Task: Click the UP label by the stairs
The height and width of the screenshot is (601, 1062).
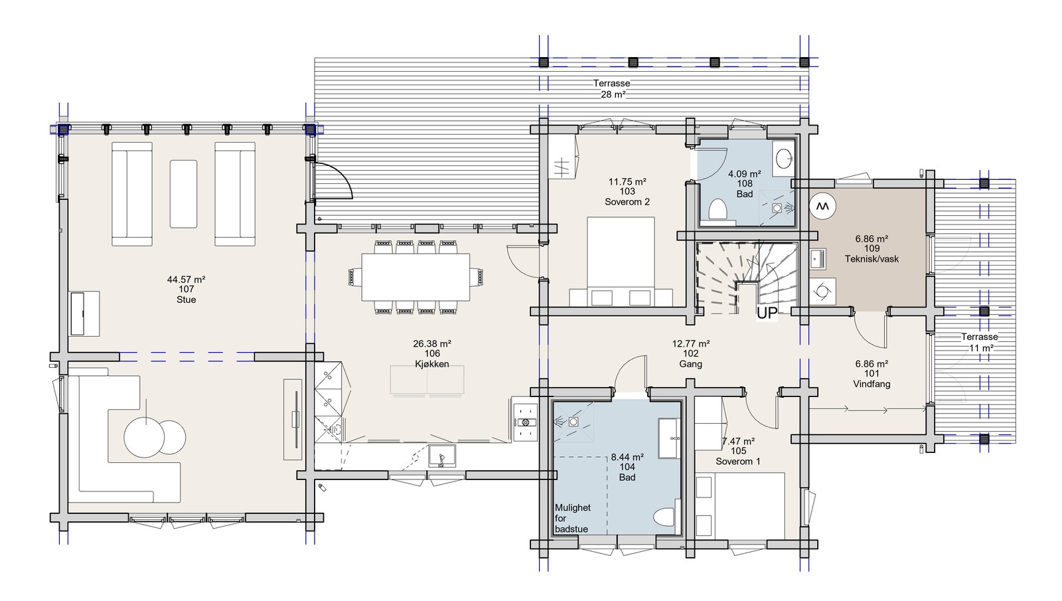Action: (x=767, y=313)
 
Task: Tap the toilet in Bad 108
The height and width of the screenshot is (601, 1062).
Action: (x=718, y=211)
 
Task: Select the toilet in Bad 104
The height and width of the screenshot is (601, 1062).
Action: (x=664, y=517)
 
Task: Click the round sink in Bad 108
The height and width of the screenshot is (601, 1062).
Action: (x=784, y=158)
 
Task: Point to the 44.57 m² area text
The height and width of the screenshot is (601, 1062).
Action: (x=186, y=280)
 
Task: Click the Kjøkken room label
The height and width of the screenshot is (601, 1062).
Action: (x=431, y=364)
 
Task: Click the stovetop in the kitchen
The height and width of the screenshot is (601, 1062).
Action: (x=526, y=422)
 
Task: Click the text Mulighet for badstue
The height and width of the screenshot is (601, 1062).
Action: (x=572, y=518)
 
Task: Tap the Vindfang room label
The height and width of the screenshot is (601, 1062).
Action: (x=872, y=384)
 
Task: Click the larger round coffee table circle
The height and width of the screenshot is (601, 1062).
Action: (x=143, y=437)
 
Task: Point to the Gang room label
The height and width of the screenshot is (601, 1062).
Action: (x=690, y=364)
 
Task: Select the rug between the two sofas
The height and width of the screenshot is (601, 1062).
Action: (x=183, y=193)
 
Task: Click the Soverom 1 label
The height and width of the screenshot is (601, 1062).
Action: (x=738, y=461)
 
